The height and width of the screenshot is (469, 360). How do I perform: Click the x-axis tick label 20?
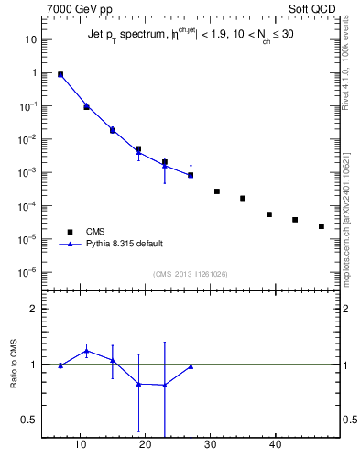145,446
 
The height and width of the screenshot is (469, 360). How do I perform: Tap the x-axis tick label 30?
211,446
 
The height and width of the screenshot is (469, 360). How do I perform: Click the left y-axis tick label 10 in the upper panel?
30,39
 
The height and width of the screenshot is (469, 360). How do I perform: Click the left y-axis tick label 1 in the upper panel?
33,73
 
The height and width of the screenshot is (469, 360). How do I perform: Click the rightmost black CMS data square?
322,226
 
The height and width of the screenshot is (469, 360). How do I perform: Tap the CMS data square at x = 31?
217,191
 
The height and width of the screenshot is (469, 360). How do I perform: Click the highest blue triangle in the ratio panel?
86,351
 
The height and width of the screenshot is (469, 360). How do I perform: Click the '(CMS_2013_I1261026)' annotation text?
191,273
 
